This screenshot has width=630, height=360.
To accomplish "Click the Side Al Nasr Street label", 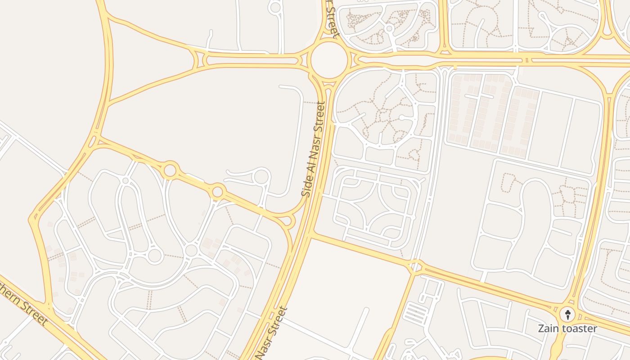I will (x=314, y=149).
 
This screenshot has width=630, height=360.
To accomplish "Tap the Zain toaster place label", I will (x=567, y=328).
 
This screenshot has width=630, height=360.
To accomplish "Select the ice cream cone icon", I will (x=568, y=314).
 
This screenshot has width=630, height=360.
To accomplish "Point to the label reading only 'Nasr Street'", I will (x=272, y=333).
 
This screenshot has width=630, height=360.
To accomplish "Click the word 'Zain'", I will (x=548, y=328).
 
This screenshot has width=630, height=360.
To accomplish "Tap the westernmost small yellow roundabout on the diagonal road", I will (x=170, y=171).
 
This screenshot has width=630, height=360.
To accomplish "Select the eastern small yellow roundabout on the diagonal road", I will (x=217, y=192).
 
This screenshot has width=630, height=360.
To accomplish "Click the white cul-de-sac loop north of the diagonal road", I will (x=261, y=176).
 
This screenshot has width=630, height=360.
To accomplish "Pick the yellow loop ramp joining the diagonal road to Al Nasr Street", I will (x=288, y=220).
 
